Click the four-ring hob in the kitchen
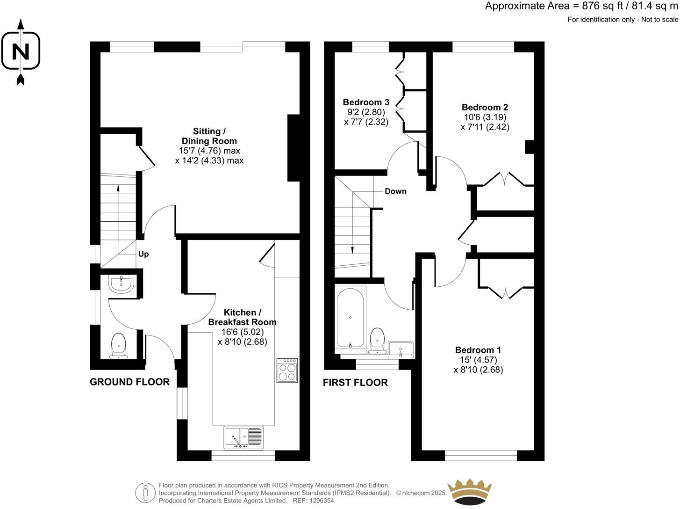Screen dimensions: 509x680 287,371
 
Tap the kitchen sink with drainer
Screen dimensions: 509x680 243,437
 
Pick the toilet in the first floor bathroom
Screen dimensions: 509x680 377,340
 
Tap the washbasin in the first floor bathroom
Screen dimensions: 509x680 401,349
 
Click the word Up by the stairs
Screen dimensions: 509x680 143,254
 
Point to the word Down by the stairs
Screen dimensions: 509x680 395,191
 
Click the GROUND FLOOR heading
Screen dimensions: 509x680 129,382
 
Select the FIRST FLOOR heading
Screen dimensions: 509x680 355,383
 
